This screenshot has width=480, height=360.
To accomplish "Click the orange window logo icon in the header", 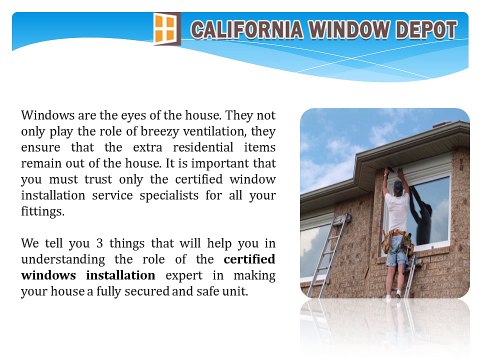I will (167, 29).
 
